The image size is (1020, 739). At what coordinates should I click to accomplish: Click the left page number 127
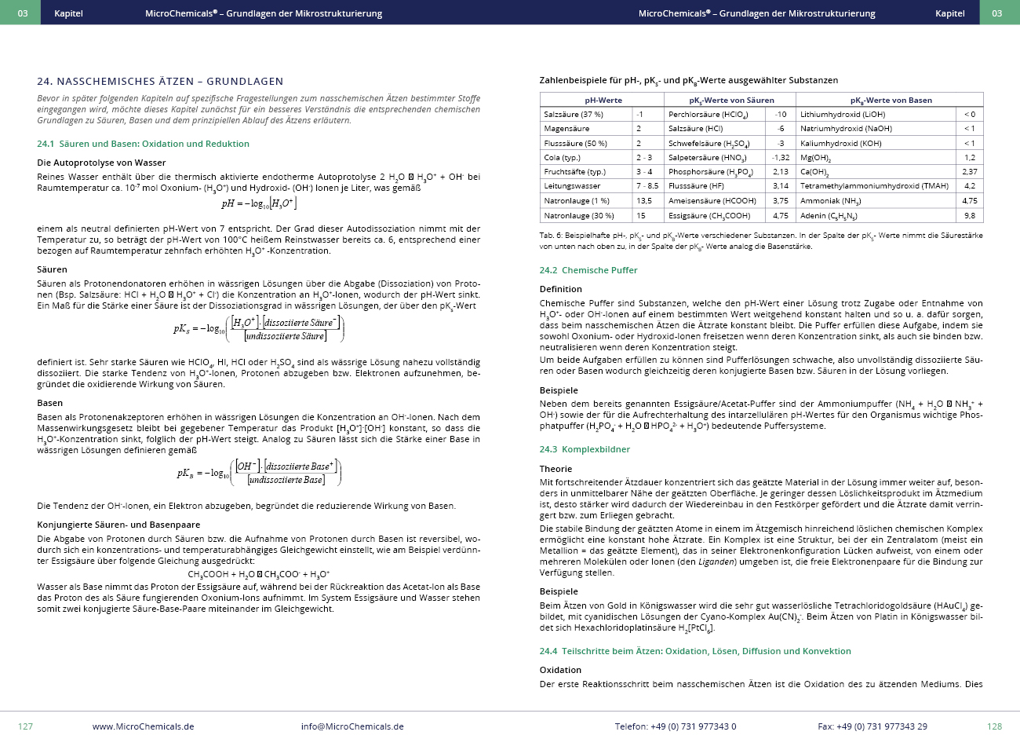tap(25, 726)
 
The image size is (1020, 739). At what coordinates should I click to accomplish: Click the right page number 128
tap(994, 726)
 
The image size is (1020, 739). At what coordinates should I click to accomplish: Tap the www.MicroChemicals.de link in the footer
tap(143, 726)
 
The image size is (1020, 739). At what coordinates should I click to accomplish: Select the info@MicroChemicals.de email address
tap(352, 726)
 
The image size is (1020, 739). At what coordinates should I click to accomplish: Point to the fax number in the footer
tap(872, 726)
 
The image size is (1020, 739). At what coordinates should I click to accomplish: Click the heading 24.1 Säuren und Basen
tap(143, 144)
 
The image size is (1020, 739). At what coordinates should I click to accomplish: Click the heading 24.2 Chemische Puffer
tap(588, 270)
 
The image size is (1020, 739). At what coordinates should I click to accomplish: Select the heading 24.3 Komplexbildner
tap(585, 449)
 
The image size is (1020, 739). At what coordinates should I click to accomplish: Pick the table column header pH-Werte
tap(603, 101)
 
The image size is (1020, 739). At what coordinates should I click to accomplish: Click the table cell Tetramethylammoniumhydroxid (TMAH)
tap(875, 186)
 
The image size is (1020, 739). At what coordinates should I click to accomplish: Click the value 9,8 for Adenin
tap(970, 215)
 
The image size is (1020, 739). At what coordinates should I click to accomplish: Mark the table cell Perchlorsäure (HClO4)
tap(708, 115)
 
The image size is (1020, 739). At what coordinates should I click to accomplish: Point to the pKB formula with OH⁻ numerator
tap(259, 473)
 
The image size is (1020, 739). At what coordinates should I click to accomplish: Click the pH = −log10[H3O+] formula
tap(259, 203)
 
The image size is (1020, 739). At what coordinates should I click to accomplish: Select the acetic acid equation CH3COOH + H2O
tap(259, 574)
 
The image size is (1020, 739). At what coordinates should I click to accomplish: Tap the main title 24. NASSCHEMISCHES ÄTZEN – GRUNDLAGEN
tap(160, 81)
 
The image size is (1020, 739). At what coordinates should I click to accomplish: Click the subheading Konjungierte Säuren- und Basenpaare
tap(118, 525)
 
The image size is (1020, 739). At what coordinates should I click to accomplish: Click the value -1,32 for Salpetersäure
tap(780, 158)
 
